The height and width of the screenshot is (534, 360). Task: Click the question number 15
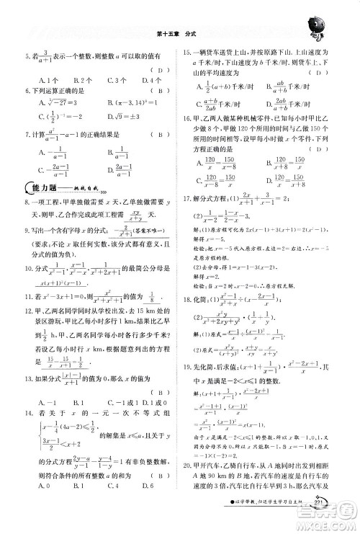(x=186, y=53)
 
